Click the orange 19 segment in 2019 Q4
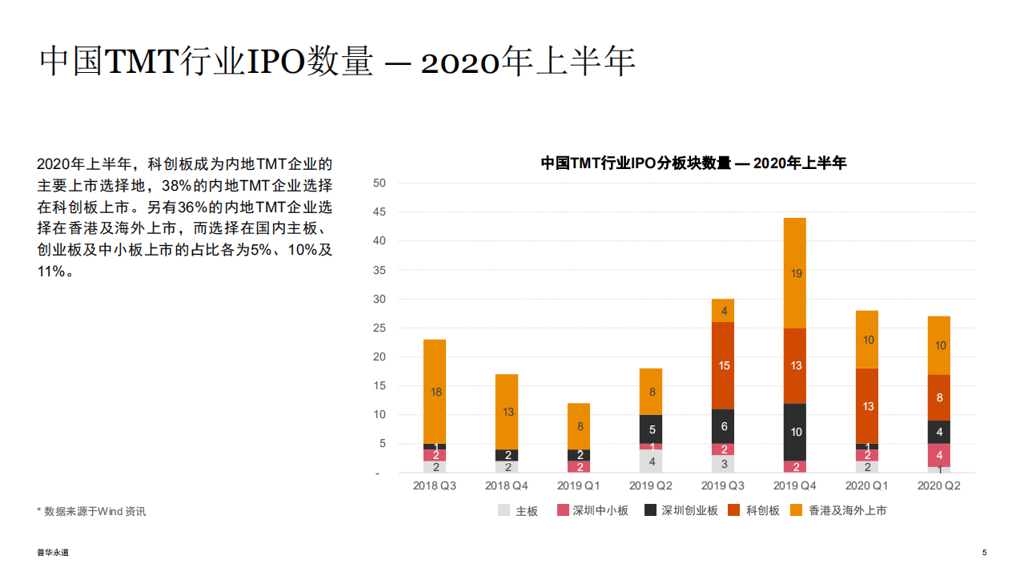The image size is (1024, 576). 796,273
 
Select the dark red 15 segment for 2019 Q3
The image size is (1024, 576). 724,365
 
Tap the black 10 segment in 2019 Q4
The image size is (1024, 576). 796,432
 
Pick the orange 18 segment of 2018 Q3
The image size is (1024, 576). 435,392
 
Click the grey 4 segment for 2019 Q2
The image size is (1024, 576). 651,461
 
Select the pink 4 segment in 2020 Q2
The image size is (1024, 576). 940,454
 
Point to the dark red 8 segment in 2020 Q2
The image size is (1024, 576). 940,397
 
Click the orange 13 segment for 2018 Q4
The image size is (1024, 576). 507,412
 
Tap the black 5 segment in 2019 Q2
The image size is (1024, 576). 651,429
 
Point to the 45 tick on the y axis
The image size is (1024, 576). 379,212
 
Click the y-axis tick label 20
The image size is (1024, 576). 379,356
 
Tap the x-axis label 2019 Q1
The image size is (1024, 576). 579,486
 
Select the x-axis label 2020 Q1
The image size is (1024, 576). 868,486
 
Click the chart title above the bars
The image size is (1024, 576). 693,163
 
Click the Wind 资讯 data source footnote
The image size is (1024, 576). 91,511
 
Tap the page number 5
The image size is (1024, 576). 984,553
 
